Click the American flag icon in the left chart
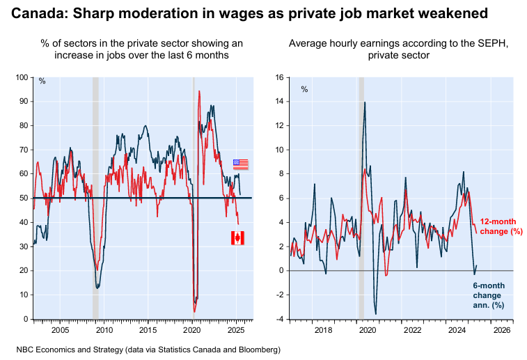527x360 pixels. [x=240, y=164]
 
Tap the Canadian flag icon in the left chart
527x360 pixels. [x=237, y=238]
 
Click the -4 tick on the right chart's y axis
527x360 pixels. [x=277, y=320]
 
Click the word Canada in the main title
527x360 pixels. [x=36, y=13]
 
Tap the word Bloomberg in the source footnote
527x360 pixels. [x=257, y=348]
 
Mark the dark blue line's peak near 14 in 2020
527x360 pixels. [x=365, y=102]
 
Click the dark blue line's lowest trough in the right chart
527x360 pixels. [x=376, y=314]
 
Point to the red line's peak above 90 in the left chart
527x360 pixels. [x=199, y=91]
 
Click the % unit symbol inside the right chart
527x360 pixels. [x=304, y=88]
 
